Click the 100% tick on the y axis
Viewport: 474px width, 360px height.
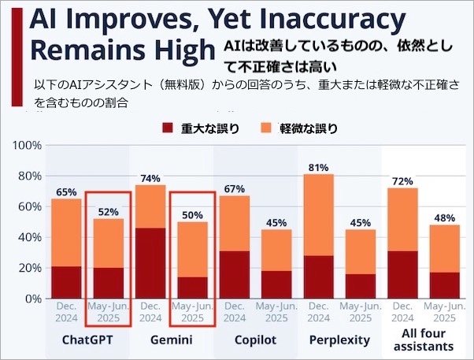point(26,146)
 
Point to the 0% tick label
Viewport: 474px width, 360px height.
point(31,299)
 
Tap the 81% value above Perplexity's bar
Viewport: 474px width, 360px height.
point(319,167)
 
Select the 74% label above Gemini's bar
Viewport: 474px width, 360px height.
point(150,178)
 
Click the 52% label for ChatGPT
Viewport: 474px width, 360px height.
point(108,212)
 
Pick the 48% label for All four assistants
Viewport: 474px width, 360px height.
point(446,218)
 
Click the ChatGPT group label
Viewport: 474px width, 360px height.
point(87,340)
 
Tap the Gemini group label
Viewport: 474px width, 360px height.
point(172,340)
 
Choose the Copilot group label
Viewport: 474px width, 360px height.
point(256,340)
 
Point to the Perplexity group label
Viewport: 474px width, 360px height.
point(340,340)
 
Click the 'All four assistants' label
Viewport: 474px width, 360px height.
point(424,340)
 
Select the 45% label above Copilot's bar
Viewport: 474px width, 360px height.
point(277,223)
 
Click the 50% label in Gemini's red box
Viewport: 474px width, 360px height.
point(192,215)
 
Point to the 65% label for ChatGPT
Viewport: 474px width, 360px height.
point(66,191)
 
